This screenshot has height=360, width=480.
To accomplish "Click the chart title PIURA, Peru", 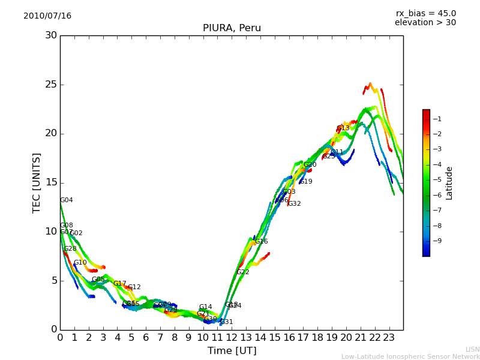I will coord(232,28).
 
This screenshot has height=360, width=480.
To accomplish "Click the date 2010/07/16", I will coord(47,16).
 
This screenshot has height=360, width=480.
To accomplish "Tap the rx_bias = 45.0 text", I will coord(425,13).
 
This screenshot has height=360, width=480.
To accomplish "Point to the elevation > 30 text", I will coord(425,23).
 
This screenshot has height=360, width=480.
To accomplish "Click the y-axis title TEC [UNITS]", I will coord(37,182).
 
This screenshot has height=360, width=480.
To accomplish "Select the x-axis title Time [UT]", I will coord(232,351).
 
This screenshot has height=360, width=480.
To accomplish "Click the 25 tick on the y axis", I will coord(52,85).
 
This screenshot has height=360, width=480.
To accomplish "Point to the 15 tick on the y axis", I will coord(52,182).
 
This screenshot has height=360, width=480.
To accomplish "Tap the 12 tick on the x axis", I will coord(232,337).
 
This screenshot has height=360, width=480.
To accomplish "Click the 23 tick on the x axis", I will coord(389,337).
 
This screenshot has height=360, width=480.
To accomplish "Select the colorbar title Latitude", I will coord(449,183).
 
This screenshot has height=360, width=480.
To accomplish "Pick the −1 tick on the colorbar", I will coord(437,119).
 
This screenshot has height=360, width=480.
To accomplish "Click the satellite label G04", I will coord(66,200).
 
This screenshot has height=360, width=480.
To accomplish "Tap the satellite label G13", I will coord(343,128).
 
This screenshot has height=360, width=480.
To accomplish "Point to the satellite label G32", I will coord(294,204).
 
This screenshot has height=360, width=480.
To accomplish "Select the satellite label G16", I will coord(262,242).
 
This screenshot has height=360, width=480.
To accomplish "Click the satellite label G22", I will coord(242,272).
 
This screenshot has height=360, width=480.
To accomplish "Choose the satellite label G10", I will coord(80,263).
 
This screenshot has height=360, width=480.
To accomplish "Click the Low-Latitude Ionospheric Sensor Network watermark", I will coord(410,357).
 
